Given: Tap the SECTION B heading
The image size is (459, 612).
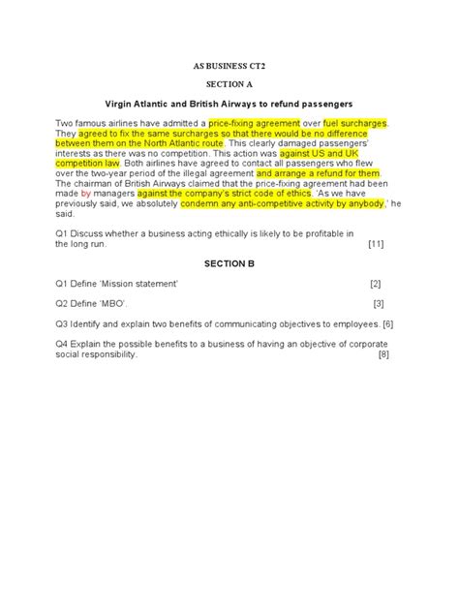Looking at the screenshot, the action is click(229, 263).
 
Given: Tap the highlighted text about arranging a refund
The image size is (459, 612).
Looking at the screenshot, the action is click(319, 173).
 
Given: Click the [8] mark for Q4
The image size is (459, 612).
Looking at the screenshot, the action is click(383, 354).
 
